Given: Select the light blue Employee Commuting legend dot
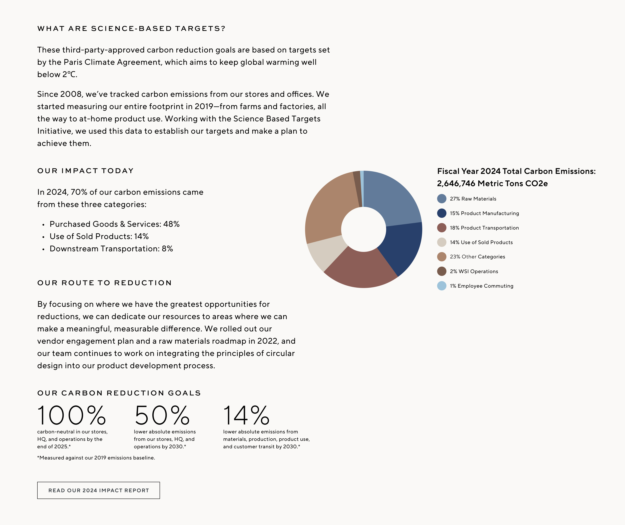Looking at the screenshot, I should click(x=441, y=286).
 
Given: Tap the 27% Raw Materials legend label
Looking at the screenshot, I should click(x=473, y=199).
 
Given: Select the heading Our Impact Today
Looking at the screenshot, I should click(x=85, y=171).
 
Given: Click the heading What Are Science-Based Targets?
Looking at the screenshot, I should click(x=131, y=29).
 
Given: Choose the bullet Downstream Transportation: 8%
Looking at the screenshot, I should click(x=111, y=249).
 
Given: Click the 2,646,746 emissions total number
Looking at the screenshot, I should click(x=456, y=184).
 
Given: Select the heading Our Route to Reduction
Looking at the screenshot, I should click(x=105, y=283).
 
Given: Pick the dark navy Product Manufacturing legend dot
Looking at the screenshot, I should click(x=441, y=213).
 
